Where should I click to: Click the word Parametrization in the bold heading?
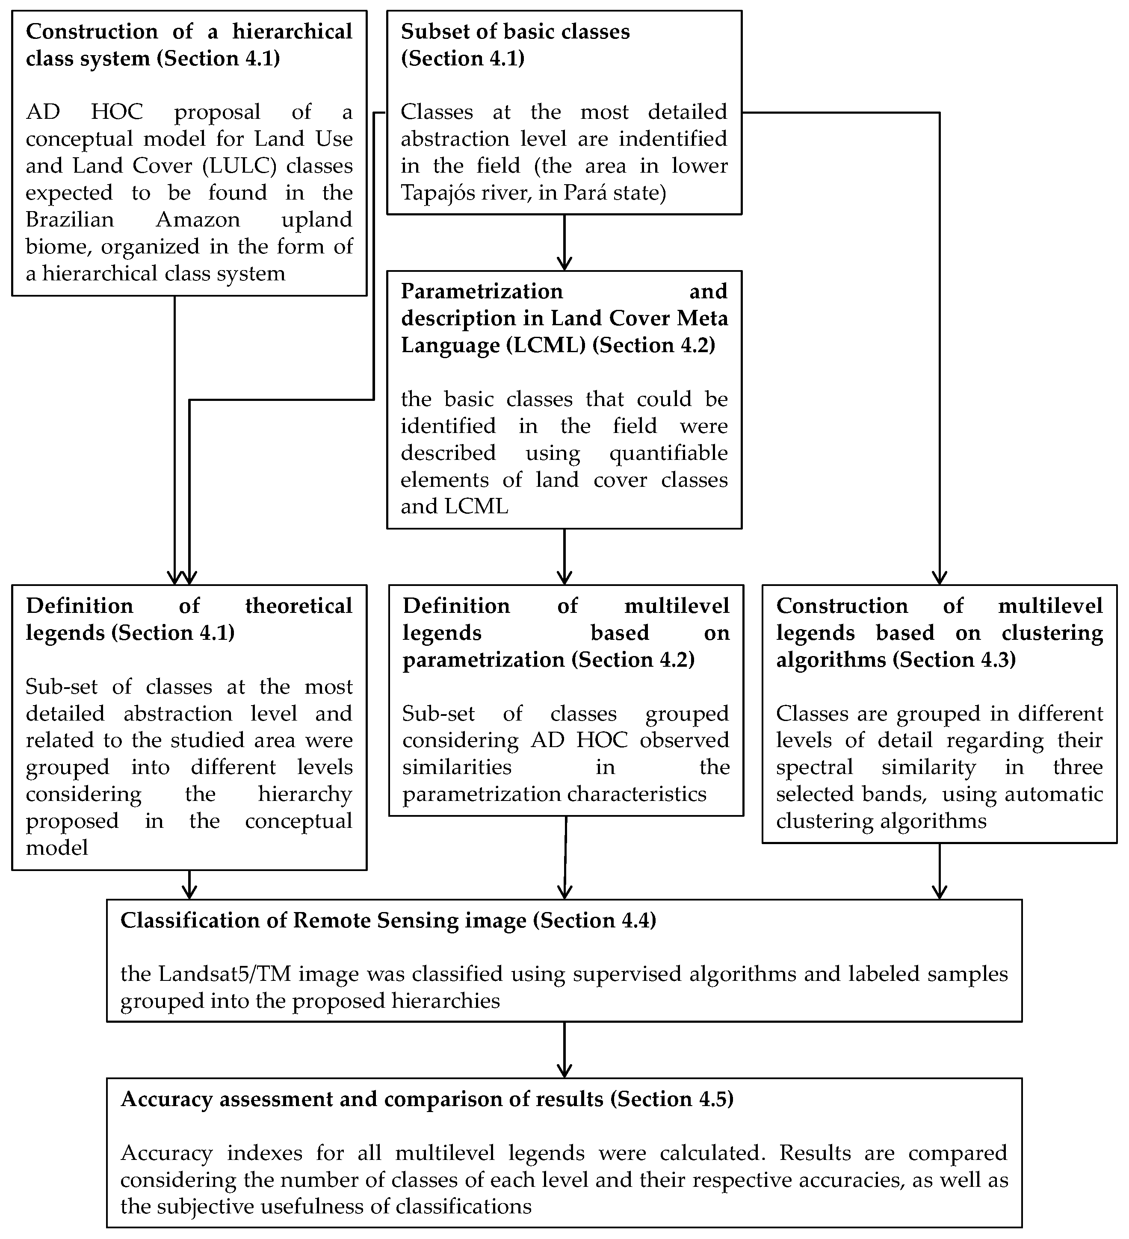(482, 291)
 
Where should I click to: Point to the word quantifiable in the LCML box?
(668, 453)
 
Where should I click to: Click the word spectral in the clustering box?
(814, 767)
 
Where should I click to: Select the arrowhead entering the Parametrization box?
(564, 264)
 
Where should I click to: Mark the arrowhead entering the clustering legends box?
(939, 578)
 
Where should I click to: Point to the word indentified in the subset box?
(673, 139)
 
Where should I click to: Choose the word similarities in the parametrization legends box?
(457, 767)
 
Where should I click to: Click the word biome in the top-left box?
(59, 247)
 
